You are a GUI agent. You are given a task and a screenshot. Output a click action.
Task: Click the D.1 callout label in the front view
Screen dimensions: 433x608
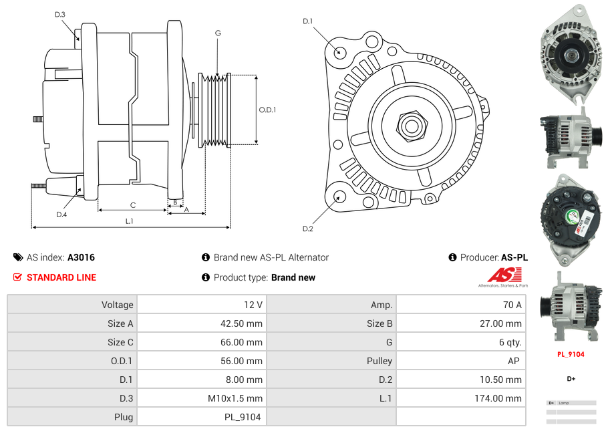307,21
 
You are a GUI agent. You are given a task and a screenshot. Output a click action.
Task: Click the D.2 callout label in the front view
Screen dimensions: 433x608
307,229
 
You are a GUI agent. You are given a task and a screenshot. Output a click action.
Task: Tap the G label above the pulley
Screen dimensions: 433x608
218,33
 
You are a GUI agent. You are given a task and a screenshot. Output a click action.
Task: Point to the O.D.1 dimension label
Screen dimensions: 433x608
267,110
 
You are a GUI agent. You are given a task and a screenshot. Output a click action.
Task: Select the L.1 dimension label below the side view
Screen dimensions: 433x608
130,221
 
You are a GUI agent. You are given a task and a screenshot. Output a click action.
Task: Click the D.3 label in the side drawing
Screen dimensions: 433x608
60,14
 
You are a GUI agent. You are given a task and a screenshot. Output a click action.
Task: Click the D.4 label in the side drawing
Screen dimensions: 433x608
61,214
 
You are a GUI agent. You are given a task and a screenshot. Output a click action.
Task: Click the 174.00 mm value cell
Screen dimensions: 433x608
461,398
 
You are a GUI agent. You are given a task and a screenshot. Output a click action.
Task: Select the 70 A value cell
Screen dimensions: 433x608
461,305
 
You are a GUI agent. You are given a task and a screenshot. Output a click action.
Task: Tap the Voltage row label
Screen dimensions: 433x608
72,305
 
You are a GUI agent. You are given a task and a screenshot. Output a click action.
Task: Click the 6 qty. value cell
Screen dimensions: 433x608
461,342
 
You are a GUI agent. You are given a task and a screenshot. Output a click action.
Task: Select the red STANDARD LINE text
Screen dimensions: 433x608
61,277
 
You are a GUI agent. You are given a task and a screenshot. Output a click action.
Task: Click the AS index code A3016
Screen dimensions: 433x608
81,257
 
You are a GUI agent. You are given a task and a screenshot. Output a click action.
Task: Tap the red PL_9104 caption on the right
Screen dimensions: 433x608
571,354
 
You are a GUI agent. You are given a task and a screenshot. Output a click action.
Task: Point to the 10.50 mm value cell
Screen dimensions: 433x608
461,380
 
